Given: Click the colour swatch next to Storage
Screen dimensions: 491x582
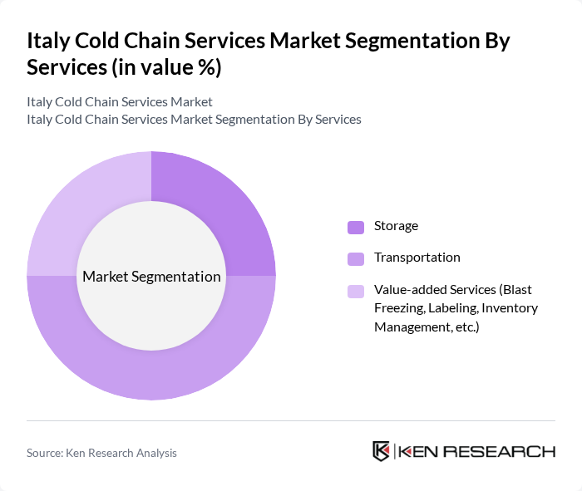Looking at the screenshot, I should click(x=356, y=227).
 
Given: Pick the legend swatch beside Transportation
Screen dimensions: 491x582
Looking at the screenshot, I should click(x=356, y=258).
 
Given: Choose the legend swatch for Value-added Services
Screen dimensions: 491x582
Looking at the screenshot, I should click(x=356, y=291).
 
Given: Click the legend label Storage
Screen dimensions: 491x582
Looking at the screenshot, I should click(x=396, y=226).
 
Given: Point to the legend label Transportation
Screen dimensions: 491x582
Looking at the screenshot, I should click(x=417, y=258).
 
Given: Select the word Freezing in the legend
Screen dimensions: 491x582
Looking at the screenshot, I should click(x=397, y=307).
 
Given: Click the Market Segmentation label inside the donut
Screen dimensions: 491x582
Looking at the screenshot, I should click(x=151, y=277).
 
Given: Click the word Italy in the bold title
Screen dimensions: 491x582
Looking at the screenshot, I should click(x=47, y=41).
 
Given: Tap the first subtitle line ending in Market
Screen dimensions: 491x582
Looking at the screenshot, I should click(x=120, y=102).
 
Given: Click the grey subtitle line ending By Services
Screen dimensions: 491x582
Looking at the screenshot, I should click(x=194, y=120).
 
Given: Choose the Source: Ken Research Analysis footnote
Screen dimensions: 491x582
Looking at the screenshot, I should click(x=101, y=453).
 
